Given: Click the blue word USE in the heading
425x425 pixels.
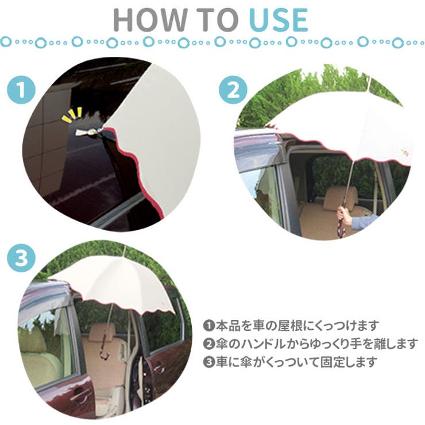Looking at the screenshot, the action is point(279,20).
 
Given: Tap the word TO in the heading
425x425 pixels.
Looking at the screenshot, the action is point(218,20).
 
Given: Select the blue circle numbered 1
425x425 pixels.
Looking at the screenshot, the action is point(21,90).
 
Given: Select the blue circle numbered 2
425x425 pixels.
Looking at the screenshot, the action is point(233,90).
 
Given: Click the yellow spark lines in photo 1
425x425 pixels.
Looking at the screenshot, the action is point(72,115).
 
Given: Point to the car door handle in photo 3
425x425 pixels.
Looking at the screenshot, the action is point(79,393).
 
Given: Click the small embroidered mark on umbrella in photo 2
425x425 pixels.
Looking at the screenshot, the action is point(404,152).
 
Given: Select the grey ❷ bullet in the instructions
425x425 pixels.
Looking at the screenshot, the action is point(208,344).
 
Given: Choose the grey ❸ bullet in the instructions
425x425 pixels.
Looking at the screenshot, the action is point(208,362).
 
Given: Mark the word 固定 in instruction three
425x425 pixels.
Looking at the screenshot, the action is point(332,362).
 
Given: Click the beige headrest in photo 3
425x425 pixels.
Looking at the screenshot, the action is point(102,333).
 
